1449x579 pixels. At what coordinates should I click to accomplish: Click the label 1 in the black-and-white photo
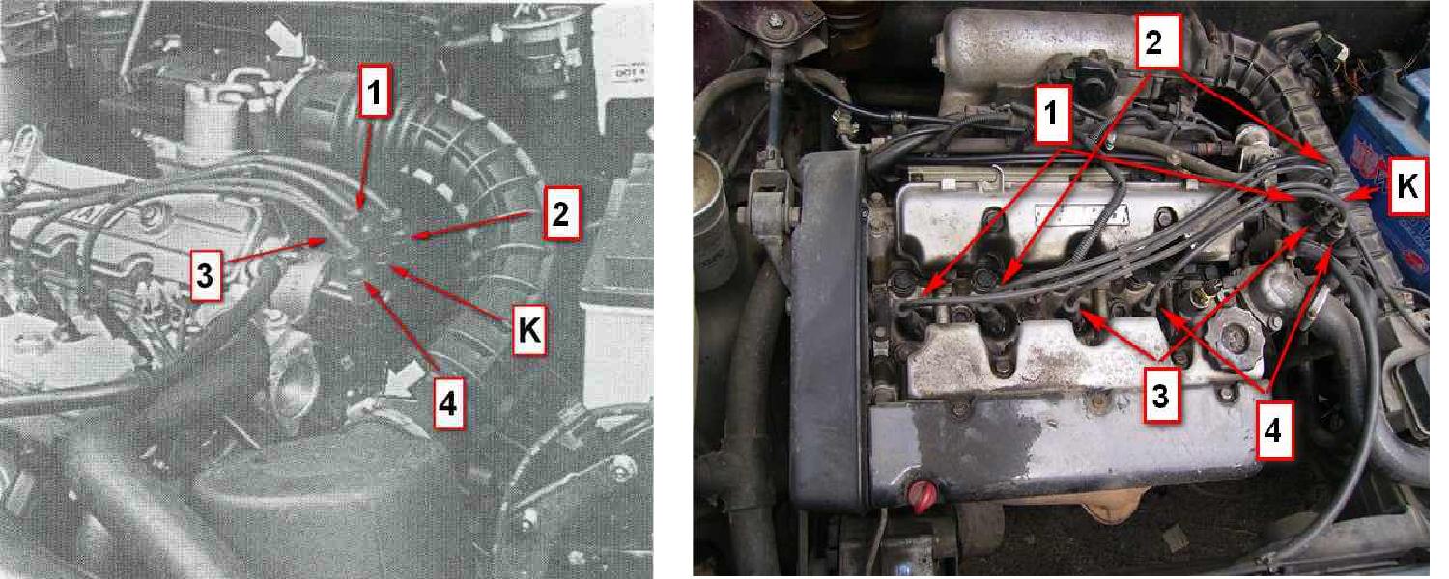[x=375, y=92]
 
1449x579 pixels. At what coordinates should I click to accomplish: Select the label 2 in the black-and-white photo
[x=561, y=214]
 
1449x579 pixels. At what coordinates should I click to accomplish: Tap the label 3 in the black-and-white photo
[x=207, y=276]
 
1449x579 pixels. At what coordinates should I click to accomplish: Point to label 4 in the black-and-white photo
[x=447, y=403]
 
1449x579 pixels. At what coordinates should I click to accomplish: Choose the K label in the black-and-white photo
[x=529, y=330]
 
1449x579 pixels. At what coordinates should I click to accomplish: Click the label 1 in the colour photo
[x=1051, y=114]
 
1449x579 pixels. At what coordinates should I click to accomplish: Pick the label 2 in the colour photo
[x=1154, y=41]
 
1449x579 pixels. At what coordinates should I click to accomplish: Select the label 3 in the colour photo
[x=1160, y=395]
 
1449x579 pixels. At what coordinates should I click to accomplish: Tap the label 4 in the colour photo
[x=1273, y=430]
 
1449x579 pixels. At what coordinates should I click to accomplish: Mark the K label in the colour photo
[x=1407, y=186]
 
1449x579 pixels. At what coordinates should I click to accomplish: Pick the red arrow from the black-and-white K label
[x=451, y=293]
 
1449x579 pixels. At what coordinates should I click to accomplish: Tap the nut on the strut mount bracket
[x=775, y=23]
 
